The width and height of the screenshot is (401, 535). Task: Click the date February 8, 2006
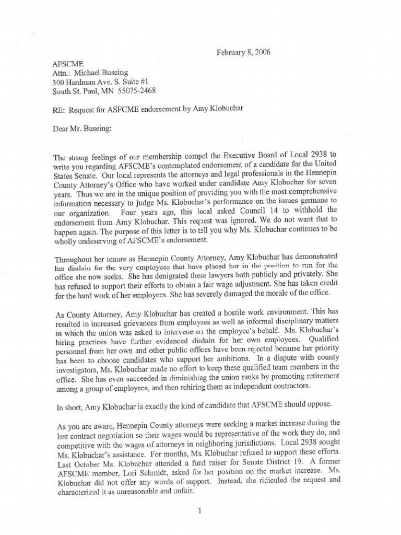[243, 52]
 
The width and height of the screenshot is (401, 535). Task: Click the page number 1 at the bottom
[200, 511]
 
